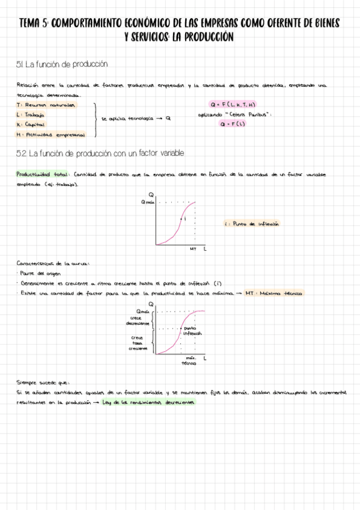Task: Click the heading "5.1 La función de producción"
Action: (63, 64)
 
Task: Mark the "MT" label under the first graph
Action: (193, 248)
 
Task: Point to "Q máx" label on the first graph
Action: (148, 202)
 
